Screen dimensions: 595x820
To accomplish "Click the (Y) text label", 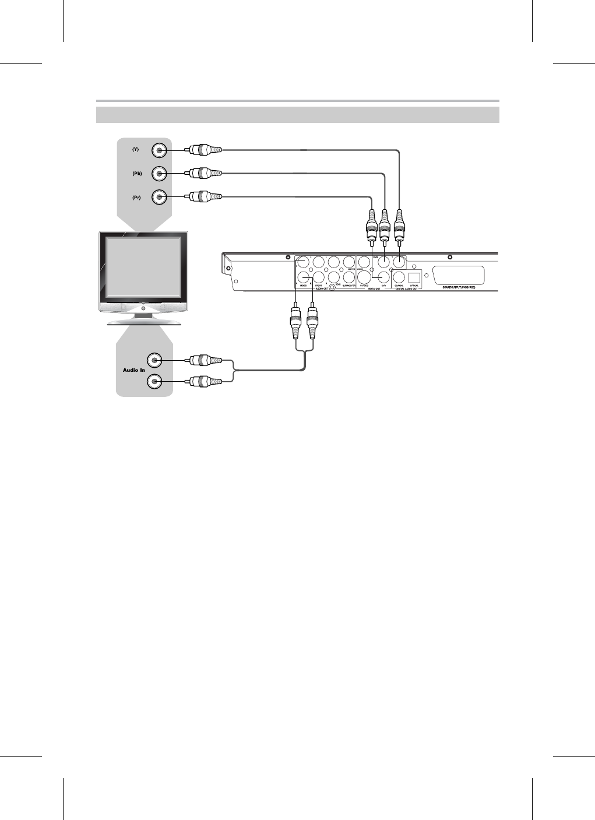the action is (x=135, y=149).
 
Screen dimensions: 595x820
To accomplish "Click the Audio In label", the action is (x=133, y=370).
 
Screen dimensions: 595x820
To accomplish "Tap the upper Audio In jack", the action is (x=154, y=359).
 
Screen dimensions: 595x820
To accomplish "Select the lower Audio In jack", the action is (x=154, y=382).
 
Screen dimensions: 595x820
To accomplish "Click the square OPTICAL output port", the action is (x=414, y=277).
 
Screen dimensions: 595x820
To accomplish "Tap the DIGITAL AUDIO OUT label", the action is (x=407, y=289).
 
